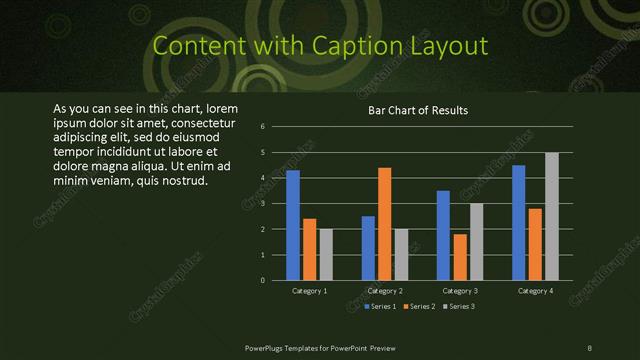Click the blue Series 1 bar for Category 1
coord(293,225)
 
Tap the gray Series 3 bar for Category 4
coord(552,216)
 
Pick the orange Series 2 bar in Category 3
coord(460,257)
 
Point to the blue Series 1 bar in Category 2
coord(368,248)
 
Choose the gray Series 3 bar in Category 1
coord(325,254)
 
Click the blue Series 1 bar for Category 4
coord(519,222)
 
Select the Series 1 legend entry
coord(381,306)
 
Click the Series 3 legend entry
coord(460,306)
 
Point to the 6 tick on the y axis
coord(262,127)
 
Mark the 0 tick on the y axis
coord(262,280)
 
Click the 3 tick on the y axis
coord(262,204)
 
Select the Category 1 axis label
coord(309,291)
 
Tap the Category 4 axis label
coord(535,291)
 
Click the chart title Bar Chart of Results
coord(418,111)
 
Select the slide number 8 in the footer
coord(590,346)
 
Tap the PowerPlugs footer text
coord(320,346)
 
